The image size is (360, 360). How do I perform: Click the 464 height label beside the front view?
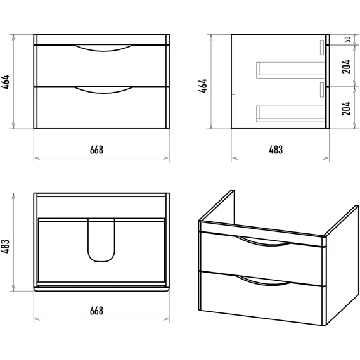pyautogui.click(x=5, y=82)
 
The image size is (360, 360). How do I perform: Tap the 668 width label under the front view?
pyautogui.click(x=96, y=150)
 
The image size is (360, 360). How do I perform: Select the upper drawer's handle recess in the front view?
pyautogui.click(x=103, y=48)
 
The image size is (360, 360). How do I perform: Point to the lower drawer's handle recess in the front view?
pyautogui.click(x=103, y=91)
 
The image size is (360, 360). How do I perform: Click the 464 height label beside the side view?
pyautogui.click(x=203, y=86)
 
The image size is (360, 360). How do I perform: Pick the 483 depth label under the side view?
pyautogui.click(x=276, y=150)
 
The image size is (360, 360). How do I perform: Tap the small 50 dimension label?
pyautogui.click(x=347, y=39)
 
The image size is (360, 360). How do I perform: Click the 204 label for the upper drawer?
pyautogui.click(x=346, y=67)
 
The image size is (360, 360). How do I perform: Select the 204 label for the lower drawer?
pyautogui.click(x=346, y=108)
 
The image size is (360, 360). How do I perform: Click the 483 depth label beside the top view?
pyautogui.click(x=5, y=247)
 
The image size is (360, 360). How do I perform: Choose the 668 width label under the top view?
pyautogui.click(x=96, y=311)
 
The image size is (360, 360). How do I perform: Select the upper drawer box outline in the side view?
pyautogui.click(x=291, y=70)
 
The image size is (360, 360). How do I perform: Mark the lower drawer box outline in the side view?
pyautogui.click(x=291, y=114)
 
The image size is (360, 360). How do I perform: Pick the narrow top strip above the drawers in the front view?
pyautogui.click(x=101, y=39)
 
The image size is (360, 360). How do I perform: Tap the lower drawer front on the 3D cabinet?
pyautogui.click(x=262, y=299)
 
